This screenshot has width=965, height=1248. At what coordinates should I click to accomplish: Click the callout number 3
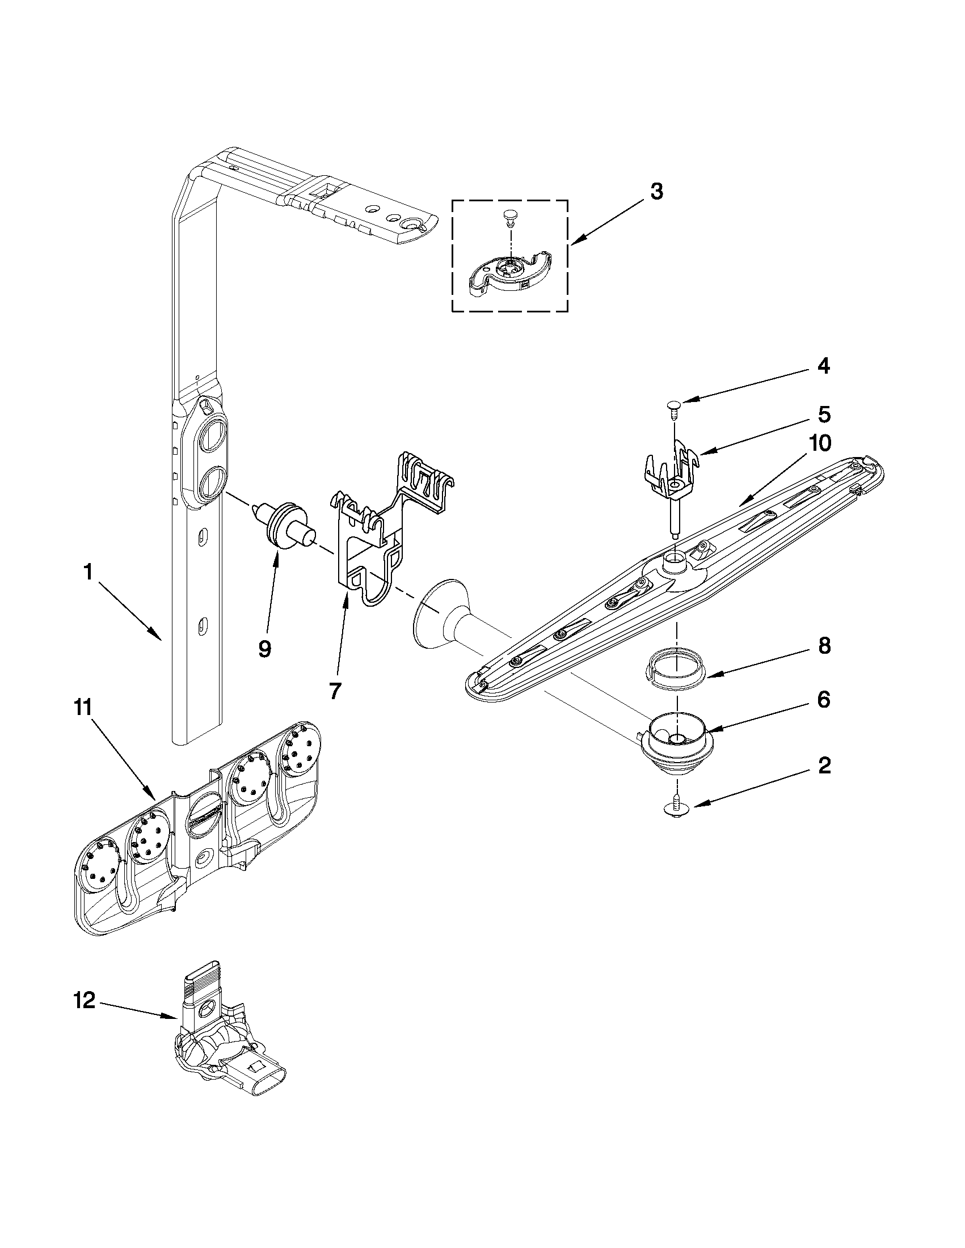tap(656, 193)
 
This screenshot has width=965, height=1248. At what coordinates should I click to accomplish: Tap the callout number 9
tap(264, 649)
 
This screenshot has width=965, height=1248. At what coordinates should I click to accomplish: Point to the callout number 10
tap(820, 443)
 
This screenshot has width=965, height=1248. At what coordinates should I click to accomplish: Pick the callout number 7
tap(335, 690)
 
